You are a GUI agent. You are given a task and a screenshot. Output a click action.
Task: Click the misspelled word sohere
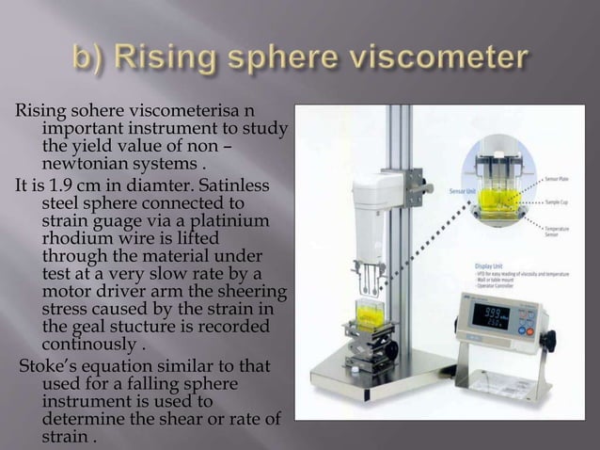(84, 114)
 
